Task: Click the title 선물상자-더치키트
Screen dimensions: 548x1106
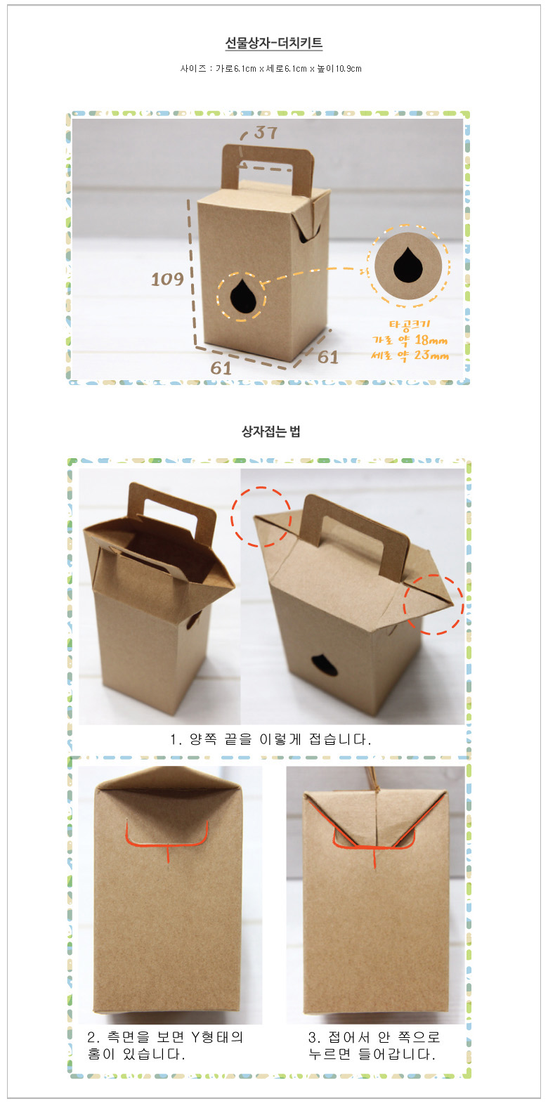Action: coord(273,43)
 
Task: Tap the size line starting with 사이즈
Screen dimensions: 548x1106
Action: coord(271,69)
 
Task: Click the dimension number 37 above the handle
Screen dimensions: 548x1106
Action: coord(266,132)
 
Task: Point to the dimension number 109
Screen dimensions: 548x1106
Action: coord(167,280)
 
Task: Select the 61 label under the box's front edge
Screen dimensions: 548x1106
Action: coord(221,368)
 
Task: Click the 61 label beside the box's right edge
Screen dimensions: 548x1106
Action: coord(328,357)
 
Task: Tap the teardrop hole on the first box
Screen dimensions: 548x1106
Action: coord(242,297)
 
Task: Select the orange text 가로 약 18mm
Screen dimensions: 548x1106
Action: coord(410,339)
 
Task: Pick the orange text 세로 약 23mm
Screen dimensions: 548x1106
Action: coord(410,355)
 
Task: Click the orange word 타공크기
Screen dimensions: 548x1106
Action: coord(410,325)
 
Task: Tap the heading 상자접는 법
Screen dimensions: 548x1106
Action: coord(270,431)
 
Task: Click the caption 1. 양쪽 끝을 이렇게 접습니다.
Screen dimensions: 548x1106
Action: coord(270,739)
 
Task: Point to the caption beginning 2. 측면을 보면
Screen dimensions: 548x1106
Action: coord(165,1046)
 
